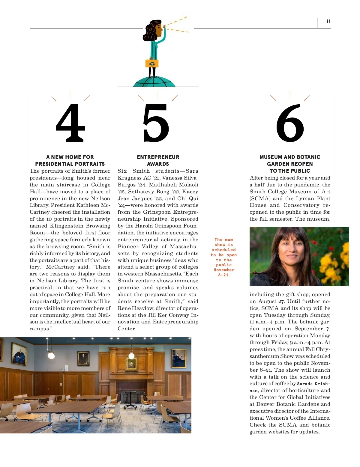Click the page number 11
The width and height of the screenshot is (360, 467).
pyautogui.click(x=328, y=21)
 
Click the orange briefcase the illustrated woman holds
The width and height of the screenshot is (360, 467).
pyautogui.click(x=152, y=63)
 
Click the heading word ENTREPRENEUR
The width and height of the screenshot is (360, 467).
pyautogui.click(x=158, y=157)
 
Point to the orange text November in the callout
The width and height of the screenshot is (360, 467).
pyautogui.click(x=224, y=270)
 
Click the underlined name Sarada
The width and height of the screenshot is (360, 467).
pyautogui.click(x=304, y=384)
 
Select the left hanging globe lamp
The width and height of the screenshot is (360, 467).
pyautogui.click(x=51, y=355)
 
